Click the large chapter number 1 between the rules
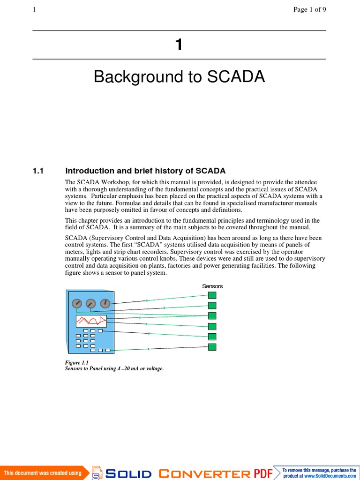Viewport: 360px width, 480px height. [178, 45]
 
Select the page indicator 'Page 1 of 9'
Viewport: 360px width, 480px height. [309, 10]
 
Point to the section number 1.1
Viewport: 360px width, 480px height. [38, 171]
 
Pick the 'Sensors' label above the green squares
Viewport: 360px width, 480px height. [212, 286]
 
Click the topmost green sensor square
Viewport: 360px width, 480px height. [212, 295]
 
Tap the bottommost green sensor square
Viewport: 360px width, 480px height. [212, 347]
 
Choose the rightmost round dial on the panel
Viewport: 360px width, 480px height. [105, 304]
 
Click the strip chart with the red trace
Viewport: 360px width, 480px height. [91, 321]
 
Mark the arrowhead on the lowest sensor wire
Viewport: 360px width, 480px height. [149, 349]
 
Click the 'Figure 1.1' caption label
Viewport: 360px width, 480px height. [76, 363]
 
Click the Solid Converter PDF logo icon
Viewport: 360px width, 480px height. [97, 473]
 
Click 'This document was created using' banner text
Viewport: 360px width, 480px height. [43, 473]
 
